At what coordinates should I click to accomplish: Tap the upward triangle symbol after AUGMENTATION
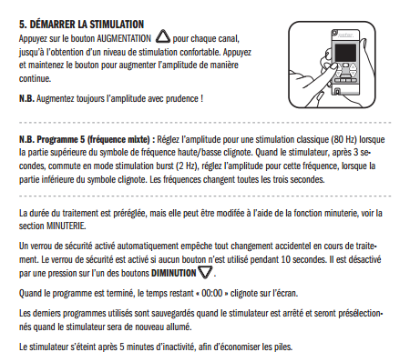(163, 36)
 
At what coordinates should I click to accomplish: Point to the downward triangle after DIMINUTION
(205, 272)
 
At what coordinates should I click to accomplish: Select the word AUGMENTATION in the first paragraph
(124, 38)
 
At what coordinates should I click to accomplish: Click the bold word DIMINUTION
(174, 273)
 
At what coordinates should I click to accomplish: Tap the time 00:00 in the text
(212, 293)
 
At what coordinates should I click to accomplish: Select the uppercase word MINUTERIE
(66, 226)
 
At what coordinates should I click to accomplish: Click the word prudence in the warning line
(182, 99)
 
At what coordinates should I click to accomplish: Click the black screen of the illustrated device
(345, 53)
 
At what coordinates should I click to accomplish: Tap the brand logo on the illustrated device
(345, 35)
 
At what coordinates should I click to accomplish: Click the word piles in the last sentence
(285, 347)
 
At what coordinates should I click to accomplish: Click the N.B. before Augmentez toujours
(26, 99)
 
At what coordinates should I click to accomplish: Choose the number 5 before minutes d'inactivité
(122, 347)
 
